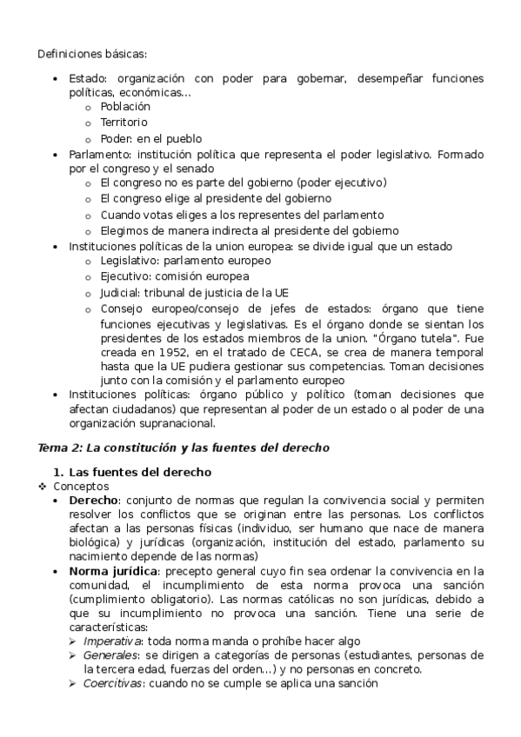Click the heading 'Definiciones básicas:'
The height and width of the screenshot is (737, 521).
92,54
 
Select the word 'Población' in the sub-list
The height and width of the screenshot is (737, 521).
125,107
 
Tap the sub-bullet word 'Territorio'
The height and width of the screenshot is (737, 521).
124,123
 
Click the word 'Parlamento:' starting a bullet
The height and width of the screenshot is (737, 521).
100,154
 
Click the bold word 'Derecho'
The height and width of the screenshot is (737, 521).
94,502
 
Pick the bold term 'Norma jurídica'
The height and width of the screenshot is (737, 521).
113,570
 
